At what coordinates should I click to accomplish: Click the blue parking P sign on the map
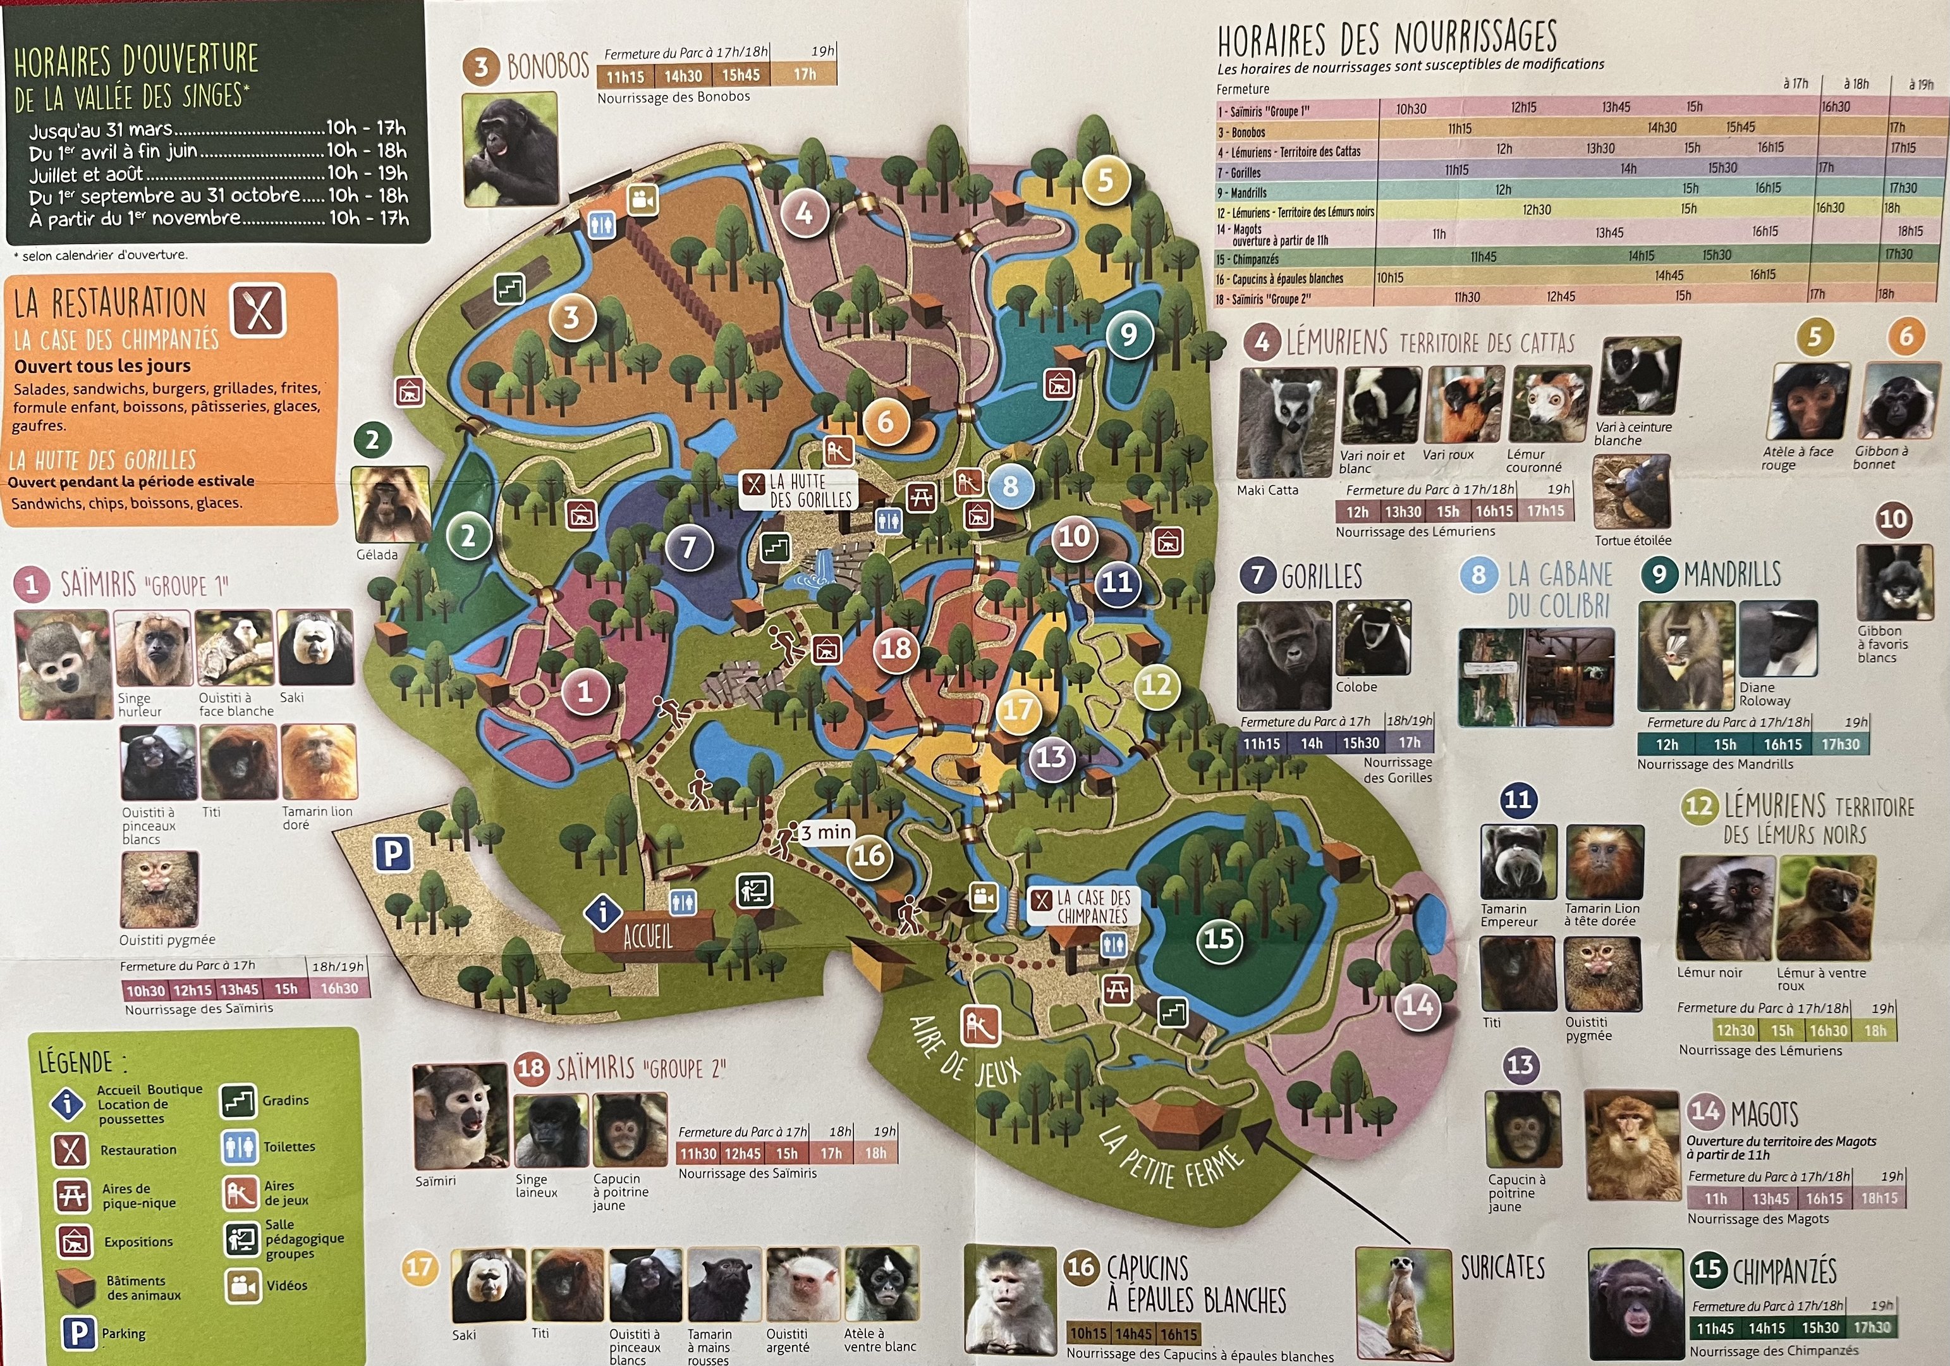393,853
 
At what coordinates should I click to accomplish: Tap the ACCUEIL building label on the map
647,937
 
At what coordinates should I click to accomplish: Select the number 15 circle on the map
1219,938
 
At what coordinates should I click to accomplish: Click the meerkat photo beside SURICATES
1403,1301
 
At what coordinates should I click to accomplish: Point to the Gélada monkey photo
390,505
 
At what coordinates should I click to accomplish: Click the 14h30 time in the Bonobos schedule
683,76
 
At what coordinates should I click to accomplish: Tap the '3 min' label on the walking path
826,832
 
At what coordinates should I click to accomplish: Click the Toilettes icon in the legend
239,1147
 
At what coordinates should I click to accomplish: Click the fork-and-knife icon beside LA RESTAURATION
258,311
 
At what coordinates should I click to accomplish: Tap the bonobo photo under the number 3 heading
509,149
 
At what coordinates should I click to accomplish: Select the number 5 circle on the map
1104,180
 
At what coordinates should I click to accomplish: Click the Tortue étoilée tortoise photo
1631,493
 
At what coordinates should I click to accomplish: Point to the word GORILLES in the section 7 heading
1322,577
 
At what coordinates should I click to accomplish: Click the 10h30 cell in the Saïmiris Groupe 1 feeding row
1411,109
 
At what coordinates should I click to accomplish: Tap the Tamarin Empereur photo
1518,861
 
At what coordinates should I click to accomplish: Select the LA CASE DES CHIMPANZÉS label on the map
1092,906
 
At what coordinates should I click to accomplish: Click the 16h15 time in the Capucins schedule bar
1178,1334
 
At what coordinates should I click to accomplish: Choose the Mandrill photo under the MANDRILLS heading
1685,655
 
